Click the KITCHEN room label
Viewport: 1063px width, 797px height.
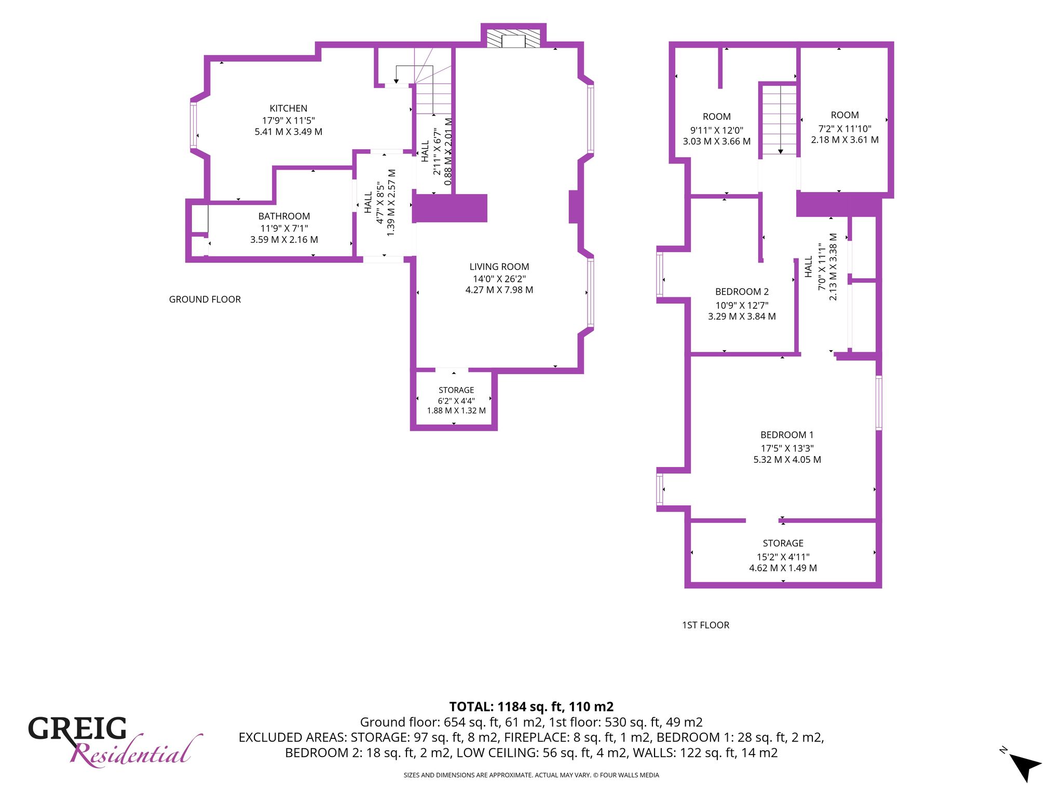tap(289, 108)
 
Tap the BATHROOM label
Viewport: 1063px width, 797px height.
tap(284, 216)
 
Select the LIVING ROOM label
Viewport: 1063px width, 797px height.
tap(499, 267)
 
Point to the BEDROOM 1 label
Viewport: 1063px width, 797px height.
tap(787, 435)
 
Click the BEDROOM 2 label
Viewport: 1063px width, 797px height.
tap(742, 292)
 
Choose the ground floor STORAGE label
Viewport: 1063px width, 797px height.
tap(456, 390)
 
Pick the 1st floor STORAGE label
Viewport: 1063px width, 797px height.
tap(783, 543)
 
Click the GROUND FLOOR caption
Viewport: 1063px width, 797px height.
tap(205, 299)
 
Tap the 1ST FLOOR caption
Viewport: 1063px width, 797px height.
tap(705, 625)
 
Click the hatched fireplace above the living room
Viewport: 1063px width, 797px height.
tap(513, 38)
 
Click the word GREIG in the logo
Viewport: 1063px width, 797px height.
tap(77, 729)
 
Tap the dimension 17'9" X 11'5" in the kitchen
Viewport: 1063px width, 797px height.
tap(289, 120)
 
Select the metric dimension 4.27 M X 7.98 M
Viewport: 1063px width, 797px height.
tap(499, 290)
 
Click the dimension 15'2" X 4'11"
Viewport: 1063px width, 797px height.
tap(783, 557)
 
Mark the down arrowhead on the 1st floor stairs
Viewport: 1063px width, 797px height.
tap(780, 151)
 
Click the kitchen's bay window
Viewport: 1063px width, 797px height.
tap(194, 125)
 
